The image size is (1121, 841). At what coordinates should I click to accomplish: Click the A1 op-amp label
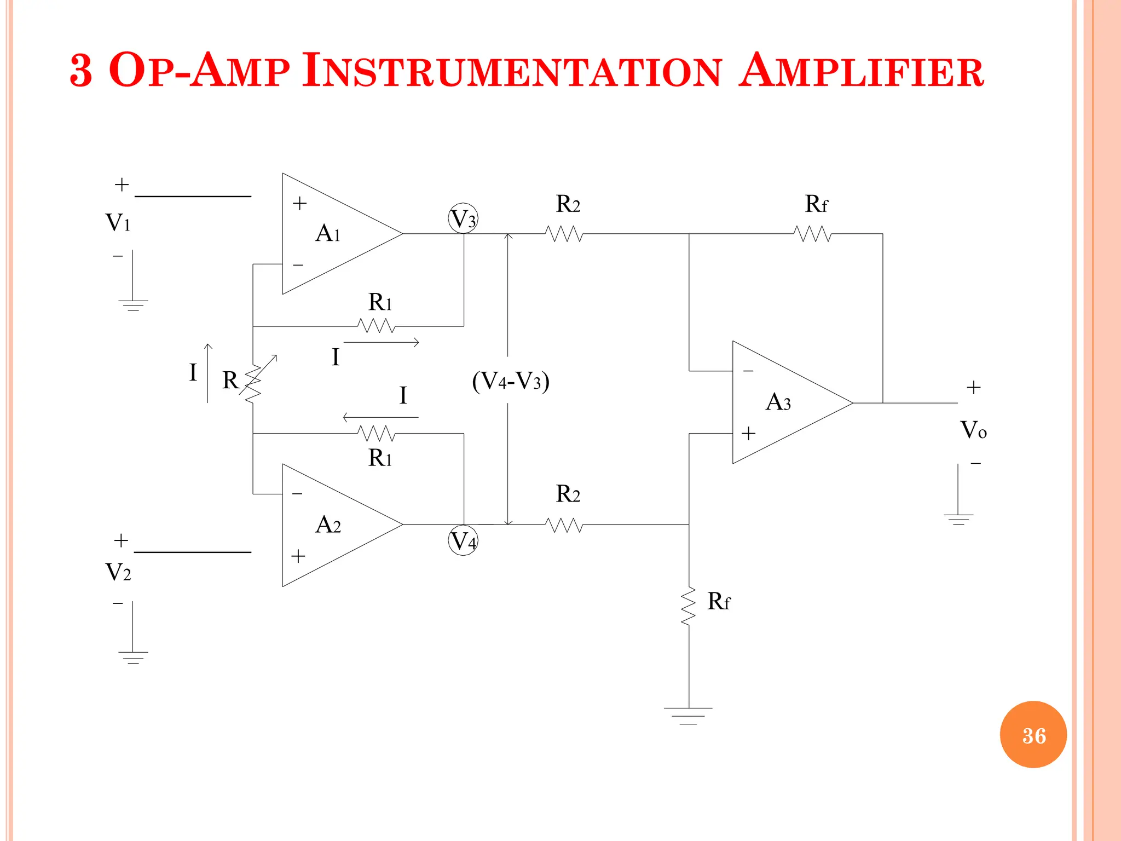(x=328, y=234)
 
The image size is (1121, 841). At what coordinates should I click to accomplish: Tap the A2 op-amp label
(x=328, y=525)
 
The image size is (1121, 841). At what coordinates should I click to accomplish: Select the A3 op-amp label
(x=778, y=402)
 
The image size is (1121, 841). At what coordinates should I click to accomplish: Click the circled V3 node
(x=463, y=219)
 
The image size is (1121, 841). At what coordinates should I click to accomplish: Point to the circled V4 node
(x=463, y=540)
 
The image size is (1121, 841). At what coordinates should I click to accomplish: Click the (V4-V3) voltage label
(x=510, y=381)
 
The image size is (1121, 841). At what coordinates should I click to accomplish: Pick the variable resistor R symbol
(x=253, y=383)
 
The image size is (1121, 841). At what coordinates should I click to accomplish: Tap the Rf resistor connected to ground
(x=689, y=606)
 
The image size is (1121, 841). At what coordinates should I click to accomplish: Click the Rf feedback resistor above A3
(x=813, y=234)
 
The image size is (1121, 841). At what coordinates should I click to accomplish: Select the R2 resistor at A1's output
(x=564, y=234)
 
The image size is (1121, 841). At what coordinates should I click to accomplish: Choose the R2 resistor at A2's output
(x=564, y=525)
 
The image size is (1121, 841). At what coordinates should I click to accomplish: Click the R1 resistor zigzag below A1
(x=377, y=326)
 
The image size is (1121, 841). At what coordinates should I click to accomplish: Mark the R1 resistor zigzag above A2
(x=377, y=434)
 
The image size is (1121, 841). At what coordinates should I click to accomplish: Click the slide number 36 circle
(x=1033, y=735)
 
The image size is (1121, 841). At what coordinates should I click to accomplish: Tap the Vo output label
(x=973, y=430)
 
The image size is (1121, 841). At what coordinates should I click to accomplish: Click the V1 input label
(x=118, y=223)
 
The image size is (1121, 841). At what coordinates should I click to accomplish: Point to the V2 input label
(x=118, y=572)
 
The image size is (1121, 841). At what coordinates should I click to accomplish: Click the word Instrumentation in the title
(x=512, y=71)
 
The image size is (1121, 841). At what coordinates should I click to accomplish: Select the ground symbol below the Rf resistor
(x=688, y=715)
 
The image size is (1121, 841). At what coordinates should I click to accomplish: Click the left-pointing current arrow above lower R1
(x=380, y=417)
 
